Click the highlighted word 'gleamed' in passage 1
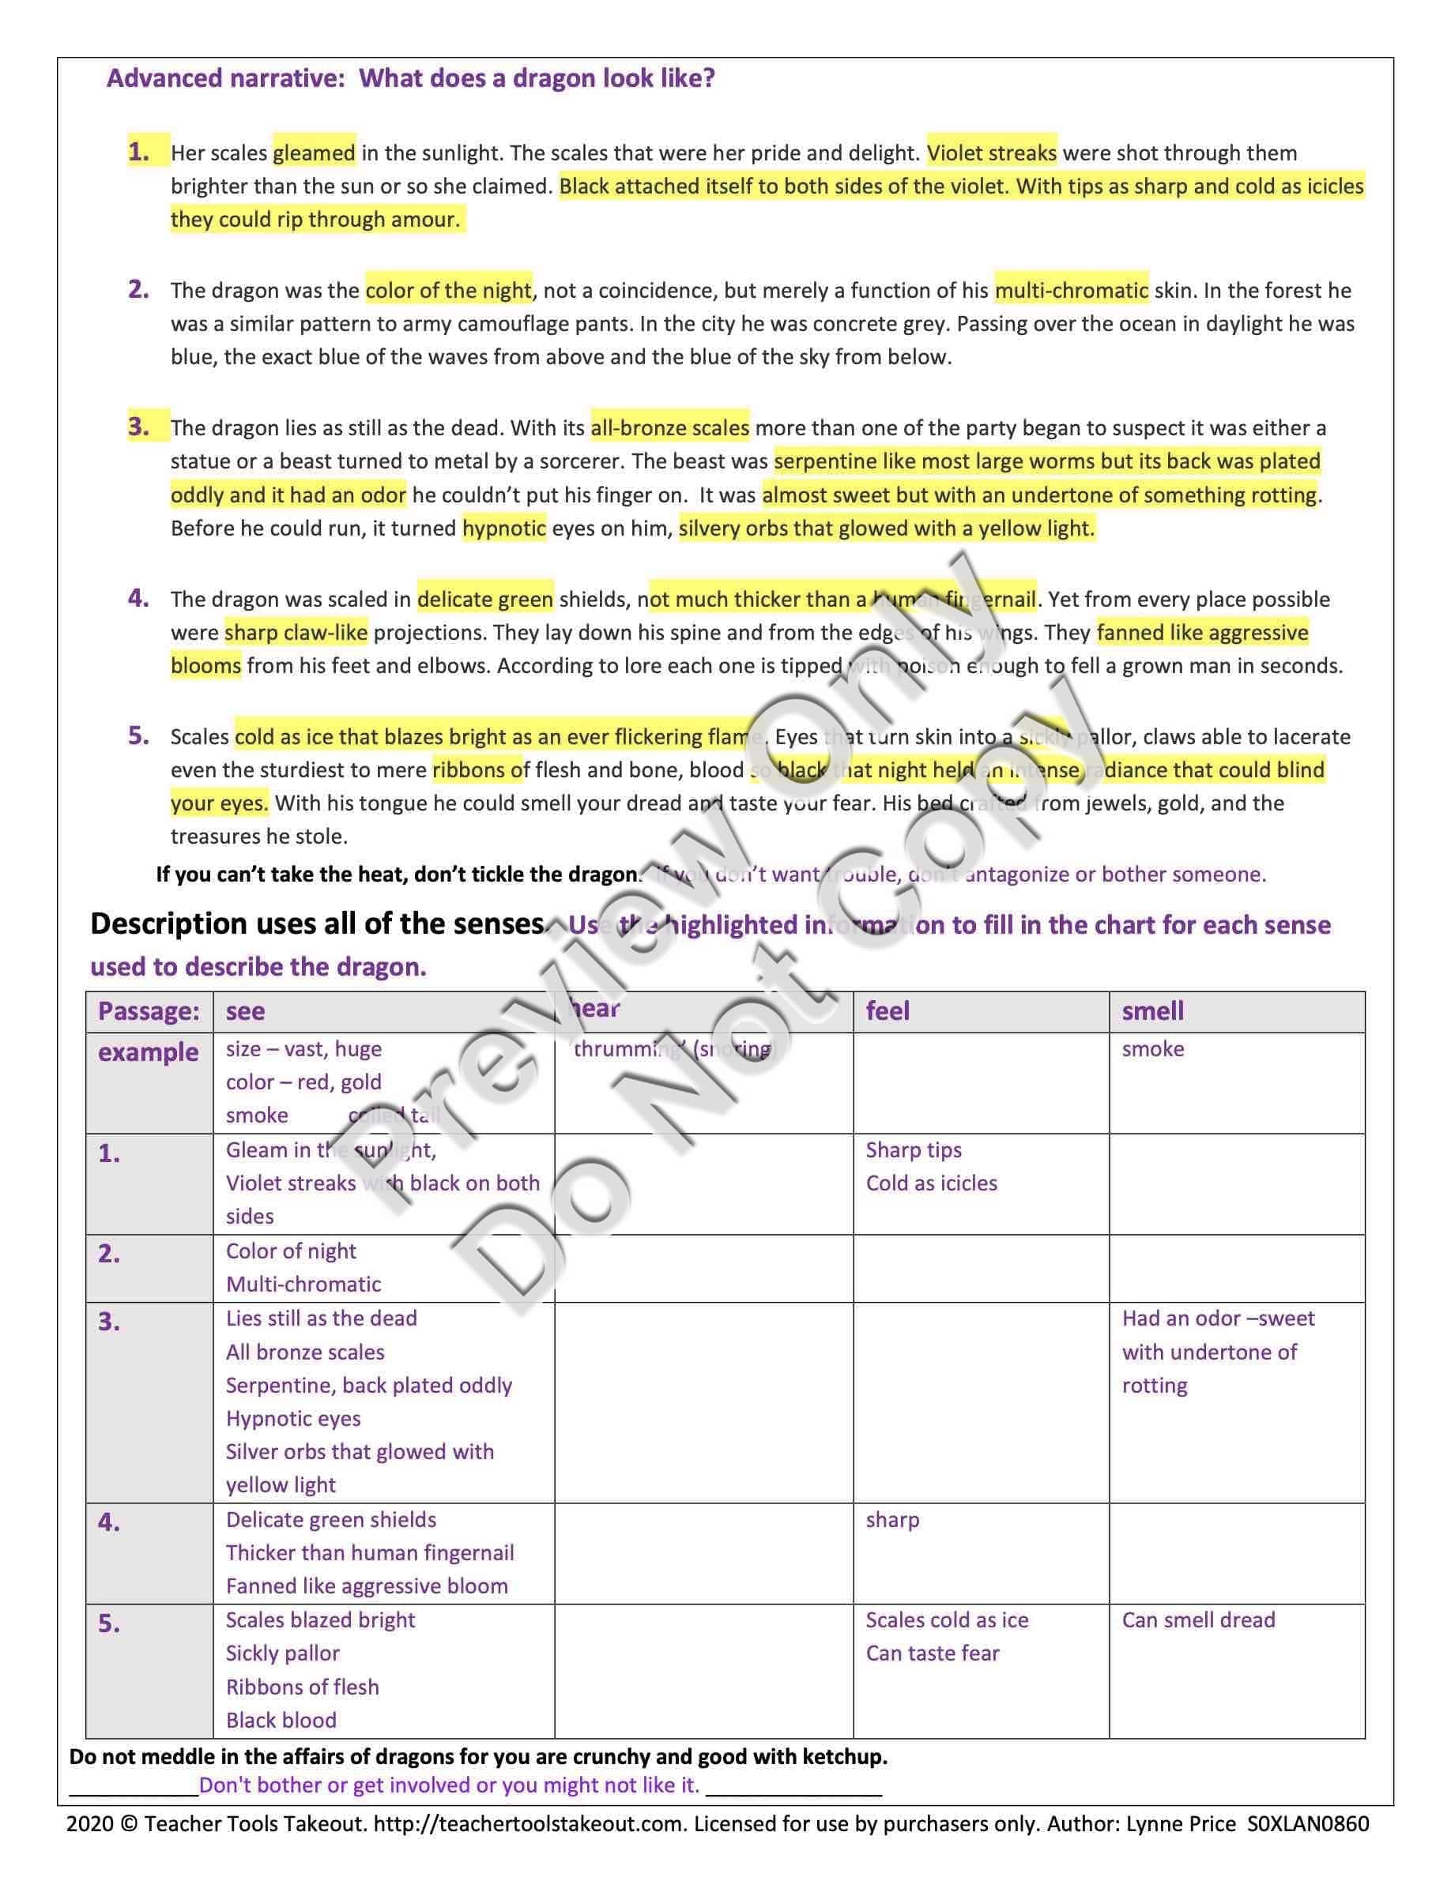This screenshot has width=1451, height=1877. (x=314, y=153)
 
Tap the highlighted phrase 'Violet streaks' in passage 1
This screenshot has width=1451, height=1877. (x=991, y=153)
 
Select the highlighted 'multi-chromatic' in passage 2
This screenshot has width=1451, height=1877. (x=1071, y=291)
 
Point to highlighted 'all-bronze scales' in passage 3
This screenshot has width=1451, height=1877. (x=669, y=428)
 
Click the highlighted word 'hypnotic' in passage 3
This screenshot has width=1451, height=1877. (x=503, y=528)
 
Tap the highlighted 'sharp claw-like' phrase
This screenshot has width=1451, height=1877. (x=296, y=633)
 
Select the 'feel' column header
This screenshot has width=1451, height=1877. (x=887, y=1010)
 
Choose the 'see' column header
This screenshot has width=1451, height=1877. (x=245, y=1010)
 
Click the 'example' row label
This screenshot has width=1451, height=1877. (x=148, y=1052)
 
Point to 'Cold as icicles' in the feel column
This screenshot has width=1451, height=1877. (x=931, y=1183)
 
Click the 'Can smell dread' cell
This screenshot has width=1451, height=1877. (x=1197, y=1619)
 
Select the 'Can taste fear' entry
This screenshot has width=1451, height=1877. (x=932, y=1653)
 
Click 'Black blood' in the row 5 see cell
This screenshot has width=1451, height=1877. (x=281, y=1720)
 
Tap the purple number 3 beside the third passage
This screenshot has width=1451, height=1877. (x=138, y=427)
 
